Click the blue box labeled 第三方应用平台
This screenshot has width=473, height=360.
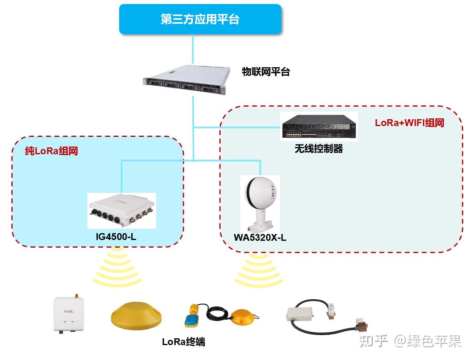click(200, 19)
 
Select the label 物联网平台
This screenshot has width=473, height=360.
click(266, 72)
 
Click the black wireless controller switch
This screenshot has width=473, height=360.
click(319, 126)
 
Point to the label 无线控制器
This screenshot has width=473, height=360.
click(318, 149)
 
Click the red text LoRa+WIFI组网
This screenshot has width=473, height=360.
click(409, 123)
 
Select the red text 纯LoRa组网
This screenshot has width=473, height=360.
click(51, 151)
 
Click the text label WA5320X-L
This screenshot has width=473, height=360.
click(260, 237)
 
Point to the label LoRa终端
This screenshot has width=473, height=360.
click(184, 342)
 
